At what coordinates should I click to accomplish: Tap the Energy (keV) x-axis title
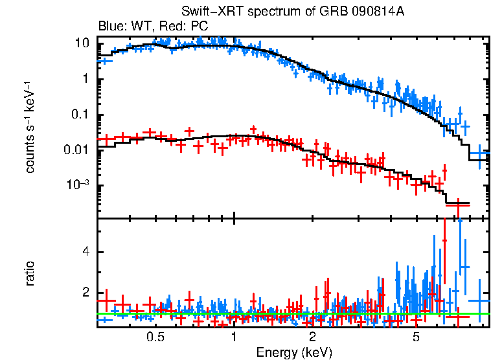294,352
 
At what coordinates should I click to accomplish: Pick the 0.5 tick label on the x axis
155,337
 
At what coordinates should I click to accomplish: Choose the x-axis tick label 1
234,337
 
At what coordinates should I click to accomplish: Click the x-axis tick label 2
312,337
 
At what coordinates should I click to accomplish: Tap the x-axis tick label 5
416,337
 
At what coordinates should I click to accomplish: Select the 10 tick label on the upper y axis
82,44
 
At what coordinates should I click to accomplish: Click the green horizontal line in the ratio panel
291,314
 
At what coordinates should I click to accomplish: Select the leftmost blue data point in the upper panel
104,61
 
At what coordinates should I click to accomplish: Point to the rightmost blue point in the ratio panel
479,300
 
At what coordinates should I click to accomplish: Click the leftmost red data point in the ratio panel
105,301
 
